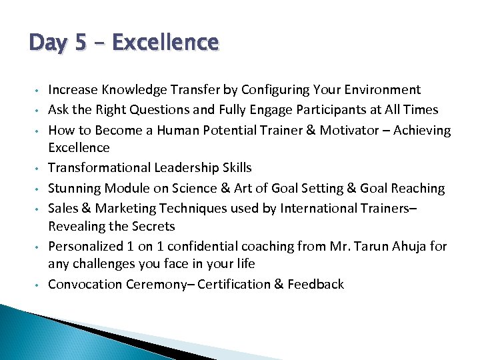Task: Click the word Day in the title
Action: click(49, 43)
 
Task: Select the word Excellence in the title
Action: click(165, 43)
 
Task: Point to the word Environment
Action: click(380, 90)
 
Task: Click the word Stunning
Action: click(73, 189)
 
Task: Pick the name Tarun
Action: click(377, 246)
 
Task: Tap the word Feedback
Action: click(317, 284)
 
